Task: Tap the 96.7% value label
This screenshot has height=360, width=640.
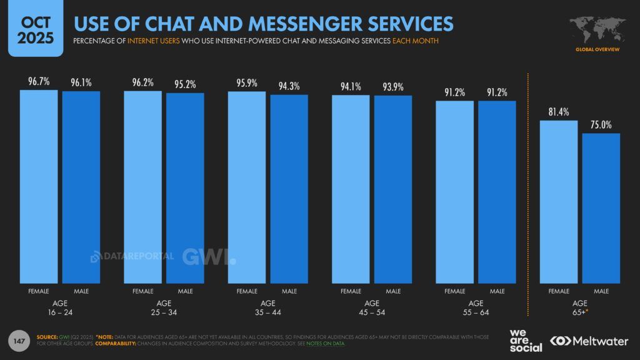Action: tap(39, 82)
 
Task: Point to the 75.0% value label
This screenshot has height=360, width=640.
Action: tap(601, 124)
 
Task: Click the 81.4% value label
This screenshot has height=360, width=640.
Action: tap(559, 112)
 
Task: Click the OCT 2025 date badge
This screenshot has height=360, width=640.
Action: tap(31, 29)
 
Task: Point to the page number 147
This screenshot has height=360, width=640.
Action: tap(19, 341)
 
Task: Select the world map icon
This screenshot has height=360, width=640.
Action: tap(597, 30)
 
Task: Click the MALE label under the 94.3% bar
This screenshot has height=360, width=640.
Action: tap(289, 291)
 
